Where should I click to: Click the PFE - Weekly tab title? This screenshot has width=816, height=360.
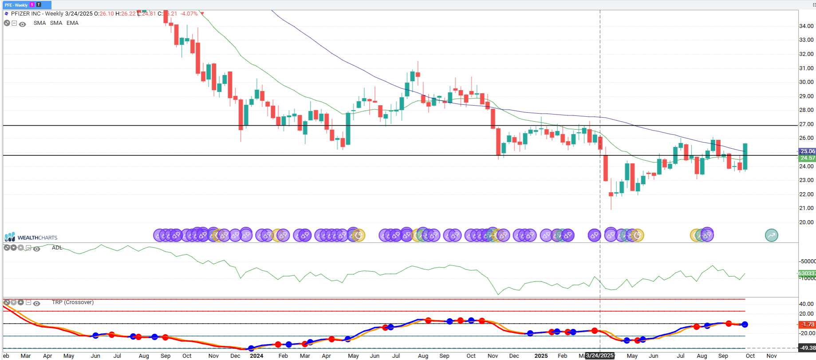pyautogui.click(x=16, y=5)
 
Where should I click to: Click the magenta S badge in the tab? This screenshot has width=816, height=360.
pyautogui.click(x=32, y=5)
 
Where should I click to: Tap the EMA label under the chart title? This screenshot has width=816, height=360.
pyautogui.click(x=72, y=23)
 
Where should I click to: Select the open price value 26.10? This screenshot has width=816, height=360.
pyautogui.click(x=106, y=14)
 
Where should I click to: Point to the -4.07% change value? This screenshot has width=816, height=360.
pyautogui.click(x=189, y=14)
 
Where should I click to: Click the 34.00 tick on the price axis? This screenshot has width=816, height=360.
pyautogui.click(x=806, y=26)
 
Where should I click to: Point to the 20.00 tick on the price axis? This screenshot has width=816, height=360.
pyautogui.click(x=806, y=222)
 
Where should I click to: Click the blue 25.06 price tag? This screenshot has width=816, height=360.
pyautogui.click(x=808, y=151)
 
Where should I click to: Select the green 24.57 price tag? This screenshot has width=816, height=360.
pyautogui.click(x=808, y=158)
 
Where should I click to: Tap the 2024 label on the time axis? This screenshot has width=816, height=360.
pyautogui.click(x=256, y=356)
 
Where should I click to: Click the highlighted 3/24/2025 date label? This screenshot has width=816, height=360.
pyautogui.click(x=599, y=356)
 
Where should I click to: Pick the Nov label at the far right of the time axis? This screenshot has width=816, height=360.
pyautogui.click(x=772, y=356)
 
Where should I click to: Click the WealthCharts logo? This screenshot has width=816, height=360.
pyautogui.click(x=31, y=237)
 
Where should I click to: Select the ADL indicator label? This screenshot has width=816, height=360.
pyautogui.click(x=57, y=248)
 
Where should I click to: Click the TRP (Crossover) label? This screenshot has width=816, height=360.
pyautogui.click(x=73, y=302)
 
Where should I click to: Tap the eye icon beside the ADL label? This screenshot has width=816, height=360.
pyautogui.click(x=37, y=249)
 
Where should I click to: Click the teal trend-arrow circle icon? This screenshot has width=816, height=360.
pyautogui.click(x=772, y=235)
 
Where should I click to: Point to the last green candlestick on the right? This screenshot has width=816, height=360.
pyautogui.click(x=745, y=156)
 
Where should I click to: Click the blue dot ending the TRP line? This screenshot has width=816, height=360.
pyautogui.click(x=745, y=324)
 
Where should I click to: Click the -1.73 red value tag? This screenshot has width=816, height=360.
pyautogui.click(x=808, y=324)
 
